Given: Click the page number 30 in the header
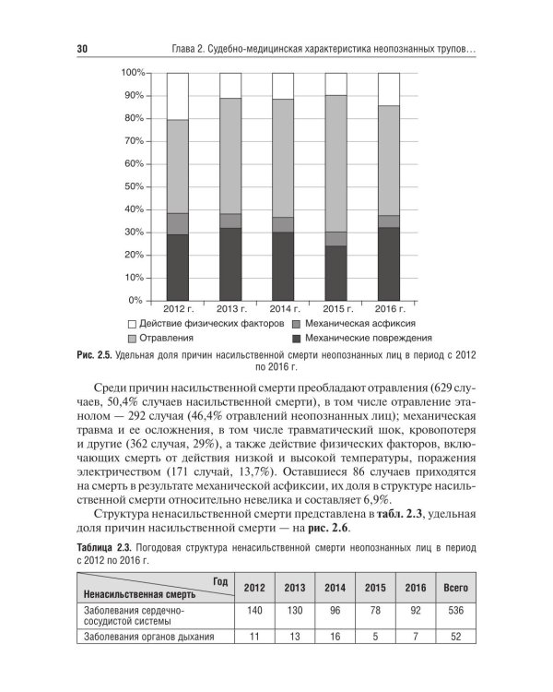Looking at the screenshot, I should [x=82, y=48].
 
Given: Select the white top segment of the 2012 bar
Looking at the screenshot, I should [x=177, y=96].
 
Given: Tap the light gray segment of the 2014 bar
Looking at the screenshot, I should [x=283, y=158].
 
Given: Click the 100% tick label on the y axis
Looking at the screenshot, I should [x=133, y=73].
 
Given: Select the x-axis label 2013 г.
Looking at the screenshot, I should [x=231, y=309].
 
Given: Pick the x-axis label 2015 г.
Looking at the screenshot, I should [x=336, y=309].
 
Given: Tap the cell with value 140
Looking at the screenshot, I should [x=253, y=611].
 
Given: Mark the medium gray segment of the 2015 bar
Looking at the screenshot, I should [x=335, y=238].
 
